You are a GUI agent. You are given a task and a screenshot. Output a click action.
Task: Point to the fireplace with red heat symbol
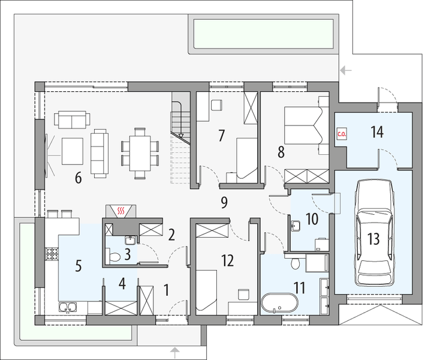120,211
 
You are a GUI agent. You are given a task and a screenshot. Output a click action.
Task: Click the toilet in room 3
116,256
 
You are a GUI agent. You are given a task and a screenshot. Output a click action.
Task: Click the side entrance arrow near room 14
345,70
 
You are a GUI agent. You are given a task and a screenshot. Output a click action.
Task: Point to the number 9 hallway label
224,202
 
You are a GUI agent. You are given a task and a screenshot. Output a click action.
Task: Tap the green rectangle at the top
263,34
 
